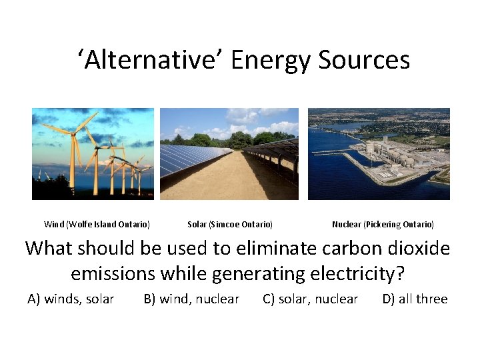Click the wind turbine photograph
(93, 154)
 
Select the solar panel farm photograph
(229, 154)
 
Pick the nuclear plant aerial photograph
(379, 154)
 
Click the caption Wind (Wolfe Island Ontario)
(97, 225)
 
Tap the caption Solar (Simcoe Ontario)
(230, 225)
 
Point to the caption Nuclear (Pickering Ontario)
(383, 225)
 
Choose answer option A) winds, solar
(71, 299)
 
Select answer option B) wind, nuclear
(191, 299)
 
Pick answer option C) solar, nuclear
(311, 299)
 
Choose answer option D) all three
(415, 299)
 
